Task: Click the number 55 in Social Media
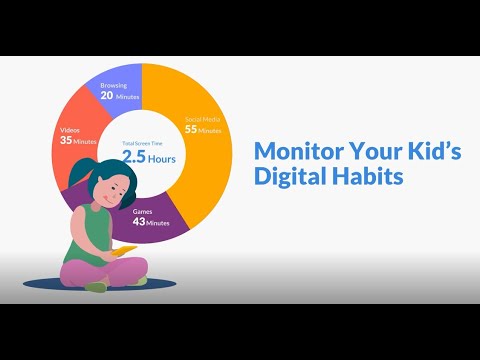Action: [189, 131]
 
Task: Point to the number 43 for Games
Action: [141, 222]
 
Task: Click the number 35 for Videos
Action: [66, 141]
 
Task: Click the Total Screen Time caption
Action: [142, 142]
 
